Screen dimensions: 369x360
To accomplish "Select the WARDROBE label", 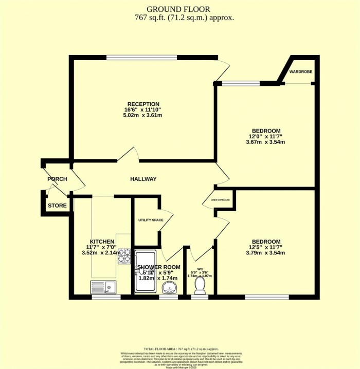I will [300, 72].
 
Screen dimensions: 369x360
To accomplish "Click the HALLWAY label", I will [143, 179].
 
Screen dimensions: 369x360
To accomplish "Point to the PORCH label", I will [57, 179].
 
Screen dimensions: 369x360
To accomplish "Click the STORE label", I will [57, 206].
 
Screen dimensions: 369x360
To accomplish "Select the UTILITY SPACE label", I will [151, 220].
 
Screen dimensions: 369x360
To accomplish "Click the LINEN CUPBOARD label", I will [220, 199].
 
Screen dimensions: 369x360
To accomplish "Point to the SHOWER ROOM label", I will [158, 267].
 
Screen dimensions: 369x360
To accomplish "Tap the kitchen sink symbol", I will [104, 287].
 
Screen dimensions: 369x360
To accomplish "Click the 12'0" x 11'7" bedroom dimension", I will [266, 136].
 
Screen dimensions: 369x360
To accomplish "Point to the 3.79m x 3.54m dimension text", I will [266, 253].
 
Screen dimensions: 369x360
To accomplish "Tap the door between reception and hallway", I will [129, 155].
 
